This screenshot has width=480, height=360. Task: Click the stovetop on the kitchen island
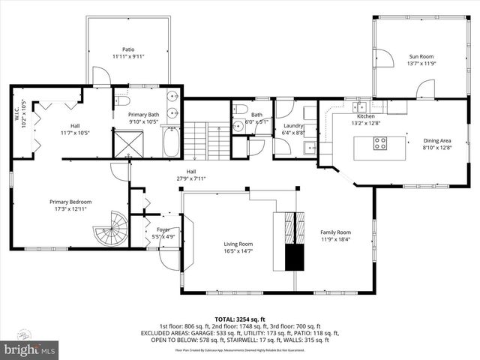pos(380,143)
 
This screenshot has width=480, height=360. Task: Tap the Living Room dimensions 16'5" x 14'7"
pos(239,252)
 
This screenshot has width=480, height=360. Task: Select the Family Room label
pos(335,232)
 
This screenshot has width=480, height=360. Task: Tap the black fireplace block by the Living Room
pos(295,256)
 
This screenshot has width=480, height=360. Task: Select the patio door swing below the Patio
pos(100,75)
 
